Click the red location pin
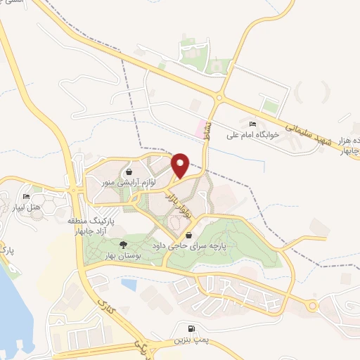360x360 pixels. pos(179,165)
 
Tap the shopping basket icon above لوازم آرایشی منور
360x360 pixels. pos(128,172)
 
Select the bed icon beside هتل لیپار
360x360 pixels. pos(27,196)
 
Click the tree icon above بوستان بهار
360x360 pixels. pos(124,245)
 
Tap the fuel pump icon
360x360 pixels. pos(191,329)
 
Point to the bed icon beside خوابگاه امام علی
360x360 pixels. pos(252,124)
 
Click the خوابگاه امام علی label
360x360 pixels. pos(252,134)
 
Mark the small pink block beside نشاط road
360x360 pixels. pos(200,129)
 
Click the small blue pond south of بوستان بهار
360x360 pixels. pos(129,284)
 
